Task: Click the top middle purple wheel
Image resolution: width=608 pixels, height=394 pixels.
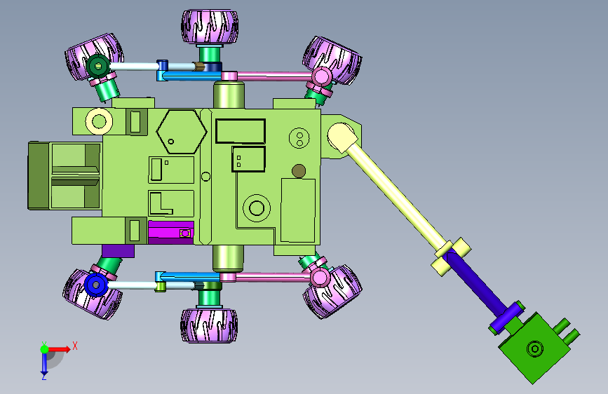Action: pos(210,27)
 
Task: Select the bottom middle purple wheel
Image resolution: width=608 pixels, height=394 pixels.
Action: pos(209,325)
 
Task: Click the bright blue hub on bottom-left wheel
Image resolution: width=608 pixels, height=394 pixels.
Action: pos(96,285)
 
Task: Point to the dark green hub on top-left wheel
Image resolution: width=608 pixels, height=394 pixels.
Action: pos(97,66)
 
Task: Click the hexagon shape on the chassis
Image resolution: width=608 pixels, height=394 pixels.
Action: pos(182,132)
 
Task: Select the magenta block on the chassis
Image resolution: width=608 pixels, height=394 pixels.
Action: pos(171,232)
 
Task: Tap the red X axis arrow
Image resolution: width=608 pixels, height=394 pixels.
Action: pos(59,349)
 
